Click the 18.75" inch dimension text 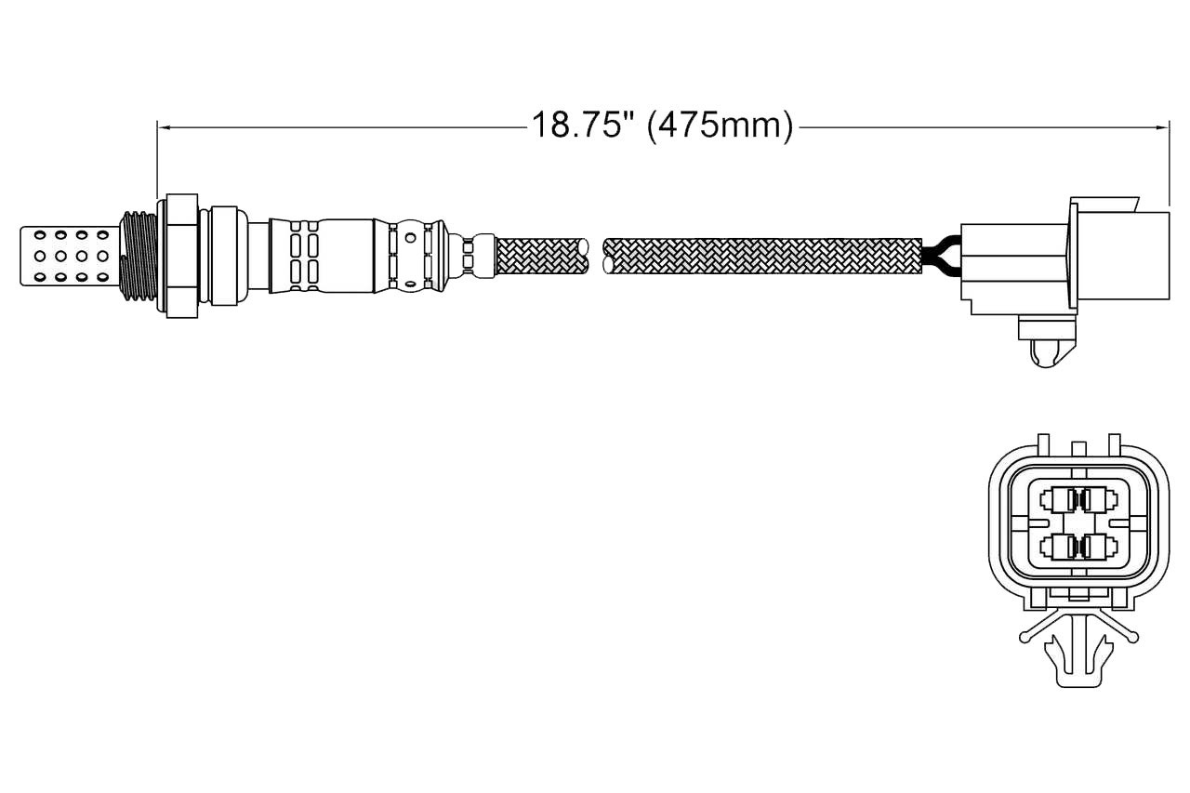(x=584, y=125)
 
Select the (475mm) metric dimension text (x=721, y=126)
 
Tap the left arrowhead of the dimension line (x=163, y=127)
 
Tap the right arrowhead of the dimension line (x=1163, y=127)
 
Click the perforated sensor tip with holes (x=69, y=256)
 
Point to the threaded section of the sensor (x=139, y=256)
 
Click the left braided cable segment (x=542, y=257)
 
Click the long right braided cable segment (x=763, y=257)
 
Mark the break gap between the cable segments (x=597, y=257)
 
